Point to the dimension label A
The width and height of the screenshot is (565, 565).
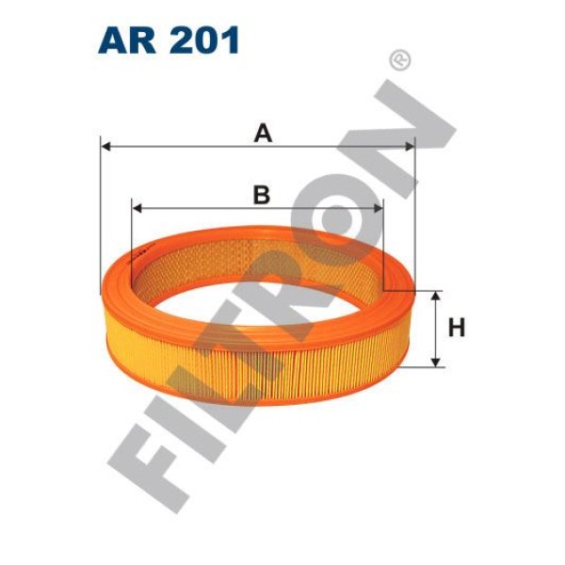[x=263, y=134]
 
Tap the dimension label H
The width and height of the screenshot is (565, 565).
[x=457, y=329]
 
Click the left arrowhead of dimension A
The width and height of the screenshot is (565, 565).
[x=105, y=147]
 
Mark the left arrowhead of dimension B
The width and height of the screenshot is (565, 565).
[x=137, y=208]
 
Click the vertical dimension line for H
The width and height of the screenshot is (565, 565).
[x=435, y=329]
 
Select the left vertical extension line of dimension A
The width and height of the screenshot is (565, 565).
[x=99, y=217]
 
